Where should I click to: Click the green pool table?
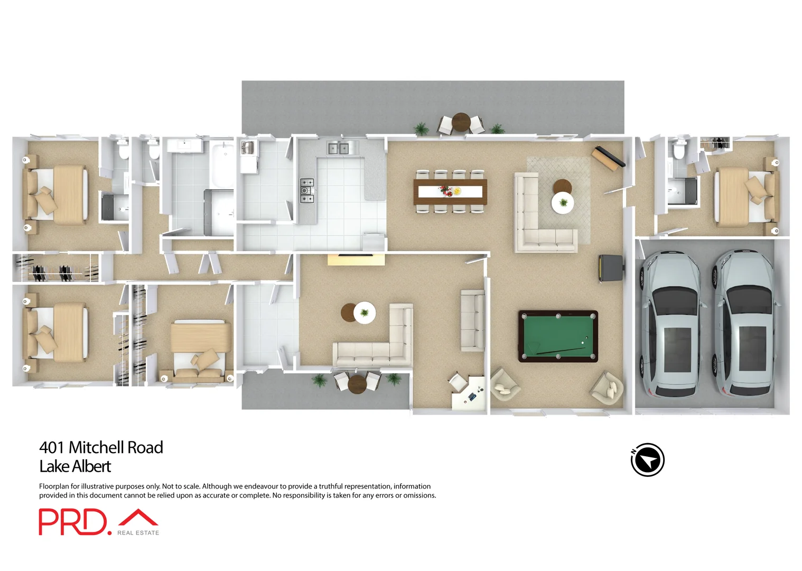[558, 336]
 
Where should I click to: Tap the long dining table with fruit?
[450, 191]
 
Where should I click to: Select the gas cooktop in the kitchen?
[306, 191]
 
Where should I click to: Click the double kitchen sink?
[338, 149]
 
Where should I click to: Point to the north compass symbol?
[647, 460]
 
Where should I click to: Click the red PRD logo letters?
[72, 522]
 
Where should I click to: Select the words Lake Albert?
[75, 466]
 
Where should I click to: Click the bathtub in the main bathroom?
[222, 161]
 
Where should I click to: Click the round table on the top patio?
[461, 123]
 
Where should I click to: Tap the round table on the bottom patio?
[357, 383]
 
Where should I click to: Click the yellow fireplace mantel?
[356, 260]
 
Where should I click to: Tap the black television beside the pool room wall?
[610, 268]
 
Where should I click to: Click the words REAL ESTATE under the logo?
[138, 533]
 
